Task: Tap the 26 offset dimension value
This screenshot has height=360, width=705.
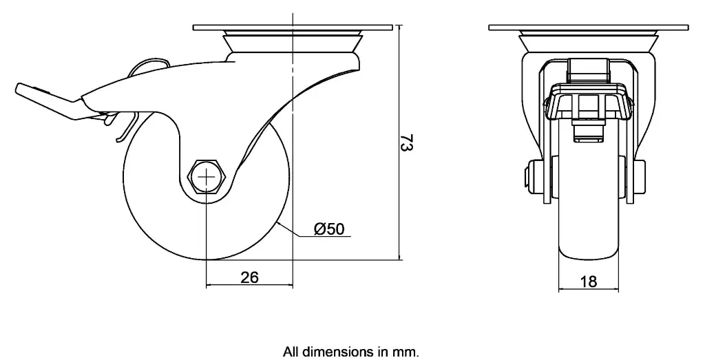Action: (249, 277)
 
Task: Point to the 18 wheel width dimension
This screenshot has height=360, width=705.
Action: (588, 281)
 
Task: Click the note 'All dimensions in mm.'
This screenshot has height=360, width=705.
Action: (350, 352)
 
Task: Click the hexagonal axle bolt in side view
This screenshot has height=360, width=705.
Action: (207, 177)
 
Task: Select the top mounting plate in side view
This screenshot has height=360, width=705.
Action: (293, 28)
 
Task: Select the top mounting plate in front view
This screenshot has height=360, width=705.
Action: (588, 28)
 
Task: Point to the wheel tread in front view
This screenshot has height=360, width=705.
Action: (588, 227)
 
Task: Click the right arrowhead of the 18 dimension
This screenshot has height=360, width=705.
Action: (615, 289)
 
